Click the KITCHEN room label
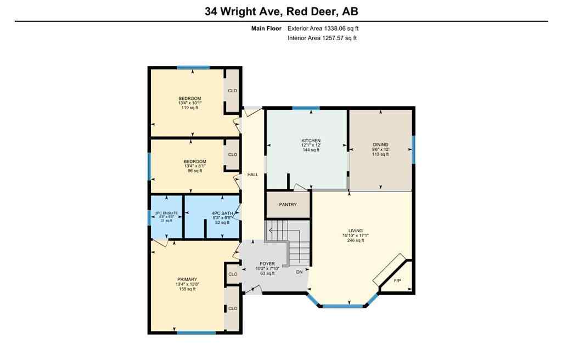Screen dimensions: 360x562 (311, 140)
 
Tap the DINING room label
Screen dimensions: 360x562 (380, 145)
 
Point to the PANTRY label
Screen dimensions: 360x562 (288, 205)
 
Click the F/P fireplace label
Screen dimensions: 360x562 (398, 280)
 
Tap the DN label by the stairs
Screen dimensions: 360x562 (299, 272)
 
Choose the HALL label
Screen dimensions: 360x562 (252, 175)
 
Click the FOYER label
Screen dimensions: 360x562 (267, 264)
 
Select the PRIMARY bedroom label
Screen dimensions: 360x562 (186, 279)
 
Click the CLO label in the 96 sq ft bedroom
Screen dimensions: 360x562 (232, 155)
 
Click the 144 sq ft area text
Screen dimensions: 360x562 (311, 150)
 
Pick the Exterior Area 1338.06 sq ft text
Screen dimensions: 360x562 (323, 29)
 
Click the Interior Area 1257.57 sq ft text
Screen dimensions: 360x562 (322, 38)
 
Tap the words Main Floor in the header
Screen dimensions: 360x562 (266, 29)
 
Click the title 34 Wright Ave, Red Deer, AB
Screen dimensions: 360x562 (281, 11)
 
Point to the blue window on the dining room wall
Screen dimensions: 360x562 (413, 149)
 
